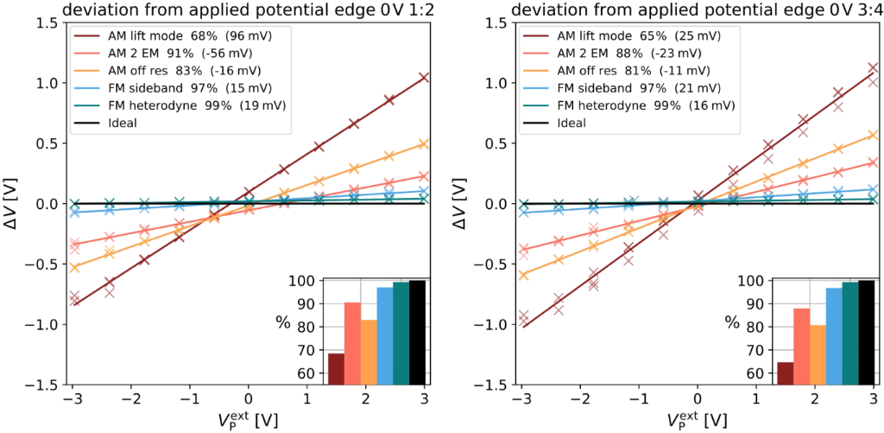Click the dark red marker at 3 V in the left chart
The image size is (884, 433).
coord(424,78)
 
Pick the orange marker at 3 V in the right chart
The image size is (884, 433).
coord(873,135)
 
